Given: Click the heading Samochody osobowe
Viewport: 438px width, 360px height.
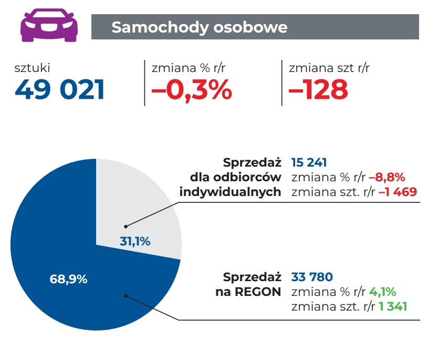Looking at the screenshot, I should (200, 27).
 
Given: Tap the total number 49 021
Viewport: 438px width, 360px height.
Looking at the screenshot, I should (60, 90).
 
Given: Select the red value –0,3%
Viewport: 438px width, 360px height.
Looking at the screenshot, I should (192, 90).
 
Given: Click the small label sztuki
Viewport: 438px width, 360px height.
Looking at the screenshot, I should (33, 67).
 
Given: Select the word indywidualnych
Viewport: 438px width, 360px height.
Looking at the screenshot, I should (230, 192).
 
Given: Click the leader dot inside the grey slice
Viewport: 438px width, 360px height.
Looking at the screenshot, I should (126, 227).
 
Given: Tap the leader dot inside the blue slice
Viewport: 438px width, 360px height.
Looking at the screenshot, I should (126, 295).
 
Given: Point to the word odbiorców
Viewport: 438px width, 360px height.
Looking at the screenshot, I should (255, 177).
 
